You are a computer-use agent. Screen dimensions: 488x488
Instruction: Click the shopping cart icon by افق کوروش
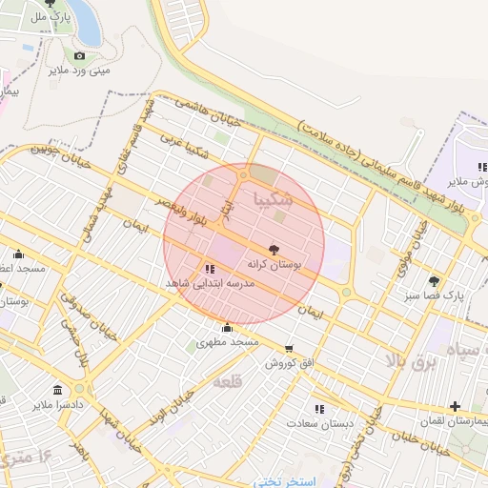[x=289, y=349]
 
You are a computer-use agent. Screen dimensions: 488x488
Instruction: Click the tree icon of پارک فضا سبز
[x=435, y=281]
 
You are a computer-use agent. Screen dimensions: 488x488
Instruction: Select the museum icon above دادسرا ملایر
[x=59, y=391]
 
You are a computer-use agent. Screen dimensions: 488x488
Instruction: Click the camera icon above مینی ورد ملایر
[x=79, y=55]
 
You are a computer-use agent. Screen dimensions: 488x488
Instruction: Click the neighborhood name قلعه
[x=229, y=381]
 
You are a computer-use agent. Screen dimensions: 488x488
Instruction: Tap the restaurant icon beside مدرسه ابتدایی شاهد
[x=210, y=269]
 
